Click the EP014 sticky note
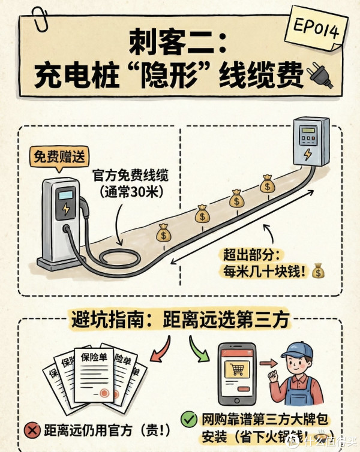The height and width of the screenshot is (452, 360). click(x=316, y=29)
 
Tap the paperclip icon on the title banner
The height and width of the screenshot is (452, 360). click(x=40, y=19)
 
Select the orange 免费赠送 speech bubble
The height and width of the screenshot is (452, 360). click(x=59, y=158)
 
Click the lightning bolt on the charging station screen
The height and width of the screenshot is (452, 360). click(x=66, y=209)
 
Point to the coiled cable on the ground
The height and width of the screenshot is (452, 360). click(x=119, y=257)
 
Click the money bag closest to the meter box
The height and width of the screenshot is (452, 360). click(x=268, y=184)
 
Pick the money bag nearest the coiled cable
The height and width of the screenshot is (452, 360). click(x=164, y=233)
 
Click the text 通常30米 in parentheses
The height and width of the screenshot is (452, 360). click(x=131, y=192)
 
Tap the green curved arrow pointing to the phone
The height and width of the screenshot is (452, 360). click(x=199, y=349)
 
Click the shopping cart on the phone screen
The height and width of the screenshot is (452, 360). click(x=236, y=369)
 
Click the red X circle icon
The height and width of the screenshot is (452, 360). click(x=32, y=430)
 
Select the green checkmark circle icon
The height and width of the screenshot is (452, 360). click(x=189, y=420)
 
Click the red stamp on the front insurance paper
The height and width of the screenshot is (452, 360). click(x=104, y=393)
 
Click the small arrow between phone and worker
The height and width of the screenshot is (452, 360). click(x=268, y=363)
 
